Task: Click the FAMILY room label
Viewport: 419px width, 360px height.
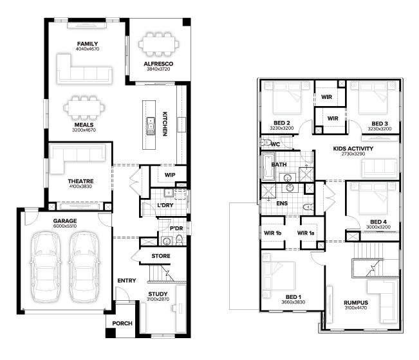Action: click(88, 44)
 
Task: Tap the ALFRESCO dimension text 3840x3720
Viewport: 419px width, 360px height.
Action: click(158, 69)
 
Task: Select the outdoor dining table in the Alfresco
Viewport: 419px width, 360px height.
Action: click(158, 44)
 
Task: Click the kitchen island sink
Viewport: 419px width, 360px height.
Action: click(151, 126)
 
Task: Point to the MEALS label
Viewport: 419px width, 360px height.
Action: click(84, 125)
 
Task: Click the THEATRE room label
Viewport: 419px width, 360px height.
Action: click(80, 181)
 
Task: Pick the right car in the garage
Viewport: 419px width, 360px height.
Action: click(84, 267)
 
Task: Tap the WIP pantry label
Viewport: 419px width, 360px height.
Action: click(170, 175)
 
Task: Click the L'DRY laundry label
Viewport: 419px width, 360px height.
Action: click(165, 205)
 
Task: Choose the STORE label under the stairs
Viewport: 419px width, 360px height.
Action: click(161, 256)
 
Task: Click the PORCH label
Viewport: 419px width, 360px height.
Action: click(122, 323)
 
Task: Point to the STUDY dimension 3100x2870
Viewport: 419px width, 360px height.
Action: click(158, 299)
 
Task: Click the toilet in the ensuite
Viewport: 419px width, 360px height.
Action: click(309, 207)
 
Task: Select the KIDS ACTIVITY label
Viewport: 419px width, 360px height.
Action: click(353, 148)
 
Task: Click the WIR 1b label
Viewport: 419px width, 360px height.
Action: click(272, 233)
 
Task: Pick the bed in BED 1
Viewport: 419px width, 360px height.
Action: click(278, 276)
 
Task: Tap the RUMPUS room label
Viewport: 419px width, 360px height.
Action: click(356, 303)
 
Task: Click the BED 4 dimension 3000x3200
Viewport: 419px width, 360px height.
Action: click(378, 227)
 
